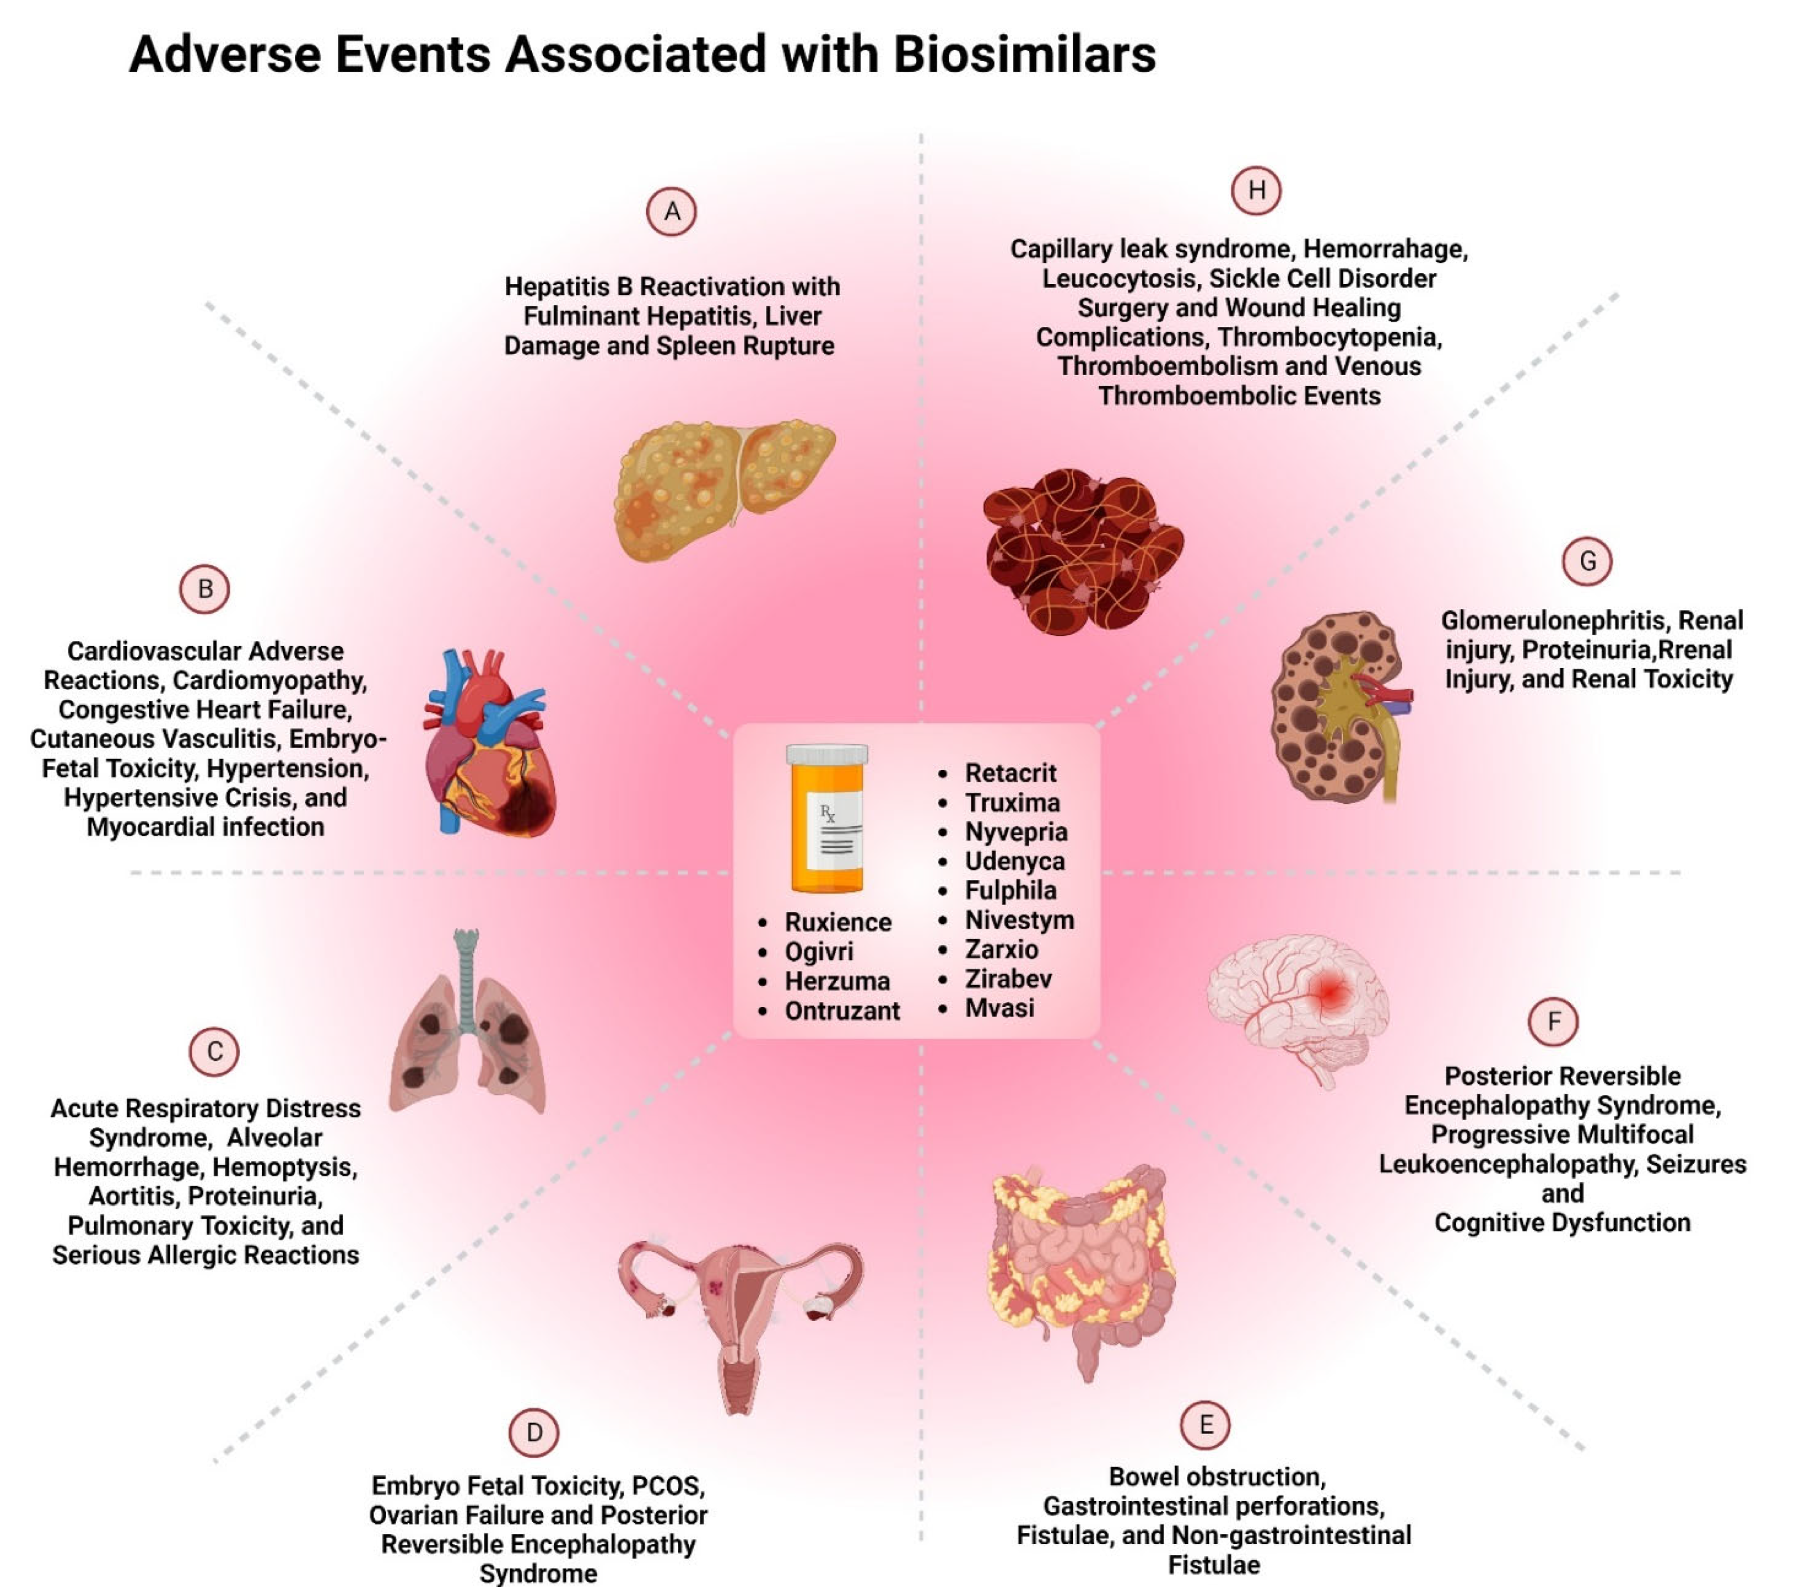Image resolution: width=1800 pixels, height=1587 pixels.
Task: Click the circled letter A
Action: click(671, 211)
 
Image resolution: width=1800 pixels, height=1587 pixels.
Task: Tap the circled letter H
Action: click(1256, 190)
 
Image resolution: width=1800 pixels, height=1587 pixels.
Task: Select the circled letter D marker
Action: click(534, 1432)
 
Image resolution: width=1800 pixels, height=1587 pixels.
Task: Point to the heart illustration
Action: click(489, 744)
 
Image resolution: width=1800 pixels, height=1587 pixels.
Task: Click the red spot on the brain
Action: click(1330, 993)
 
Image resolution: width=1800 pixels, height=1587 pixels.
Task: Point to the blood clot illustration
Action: click(1083, 550)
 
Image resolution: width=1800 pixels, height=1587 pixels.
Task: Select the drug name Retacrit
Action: click(1010, 773)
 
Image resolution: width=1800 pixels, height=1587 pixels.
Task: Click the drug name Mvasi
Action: click(999, 1008)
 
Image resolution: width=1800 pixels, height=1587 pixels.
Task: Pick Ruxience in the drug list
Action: click(837, 922)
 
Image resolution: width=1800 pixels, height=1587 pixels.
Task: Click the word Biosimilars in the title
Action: click(1024, 55)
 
